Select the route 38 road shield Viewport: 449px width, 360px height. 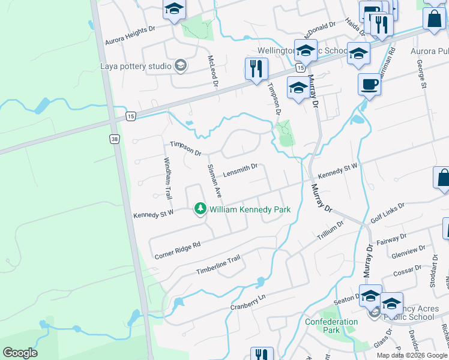click(114, 139)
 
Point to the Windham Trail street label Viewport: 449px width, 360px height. click(169, 179)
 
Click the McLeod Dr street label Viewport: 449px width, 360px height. click(211, 71)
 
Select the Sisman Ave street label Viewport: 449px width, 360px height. click(214, 181)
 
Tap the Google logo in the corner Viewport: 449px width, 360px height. click(20, 353)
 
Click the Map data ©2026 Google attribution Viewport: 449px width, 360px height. click(412, 355)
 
